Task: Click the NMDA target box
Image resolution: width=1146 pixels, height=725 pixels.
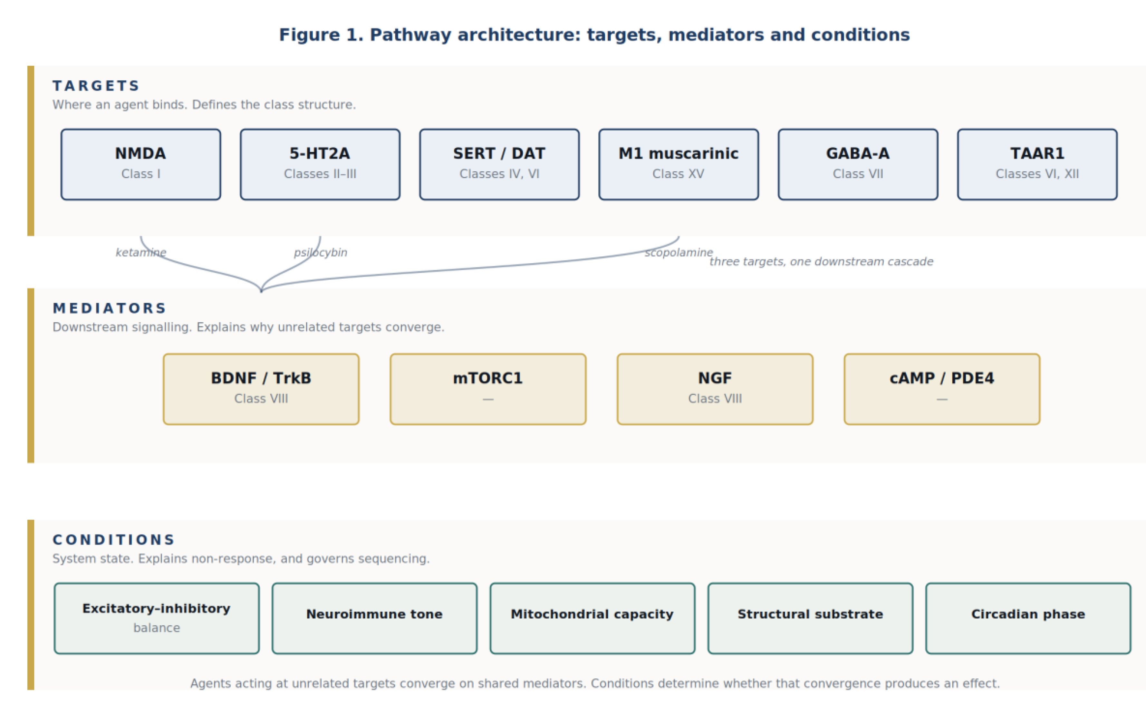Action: pyautogui.click(x=141, y=164)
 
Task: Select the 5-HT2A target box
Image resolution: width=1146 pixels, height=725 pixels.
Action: pyautogui.click(x=320, y=164)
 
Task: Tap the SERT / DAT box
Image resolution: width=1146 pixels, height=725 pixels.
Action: pyautogui.click(x=499, y=164)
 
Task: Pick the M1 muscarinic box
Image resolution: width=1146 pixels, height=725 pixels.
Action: pyautogui.click(x=679, y=164)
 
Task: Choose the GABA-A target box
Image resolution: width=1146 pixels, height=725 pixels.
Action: pyautogui.click(x=858, y=164)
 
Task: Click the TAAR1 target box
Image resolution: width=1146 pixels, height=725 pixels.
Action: pyautogui.click(x=1037, y=164)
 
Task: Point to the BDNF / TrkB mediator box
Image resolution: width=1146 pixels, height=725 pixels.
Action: pyautogui.click(x=261, y=389)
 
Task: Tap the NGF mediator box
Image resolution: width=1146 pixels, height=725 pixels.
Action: pyautogui.click(x=715, y=389)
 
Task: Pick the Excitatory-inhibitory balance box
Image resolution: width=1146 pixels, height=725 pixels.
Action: pyautogui.click(x=157, y=618)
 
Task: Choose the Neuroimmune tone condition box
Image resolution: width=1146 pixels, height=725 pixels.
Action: pyautogui.click(x=375, y=618)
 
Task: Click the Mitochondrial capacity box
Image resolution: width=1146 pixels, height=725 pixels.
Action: pyautogui.click(x=592, y=618)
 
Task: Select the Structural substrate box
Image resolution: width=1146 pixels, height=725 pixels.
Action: pyautogui.click(x=811, y=618)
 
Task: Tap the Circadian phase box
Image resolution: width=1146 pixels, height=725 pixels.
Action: pyautogui.click(x=1028, y=618)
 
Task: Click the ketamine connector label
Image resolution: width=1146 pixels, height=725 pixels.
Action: pyautogui.click(x=141, y=253)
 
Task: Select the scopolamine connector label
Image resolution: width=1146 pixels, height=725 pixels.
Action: pyautogui.click(x=679, y=253)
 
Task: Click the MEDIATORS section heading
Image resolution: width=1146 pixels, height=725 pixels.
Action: pyautogui.click(x=110, y=308)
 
